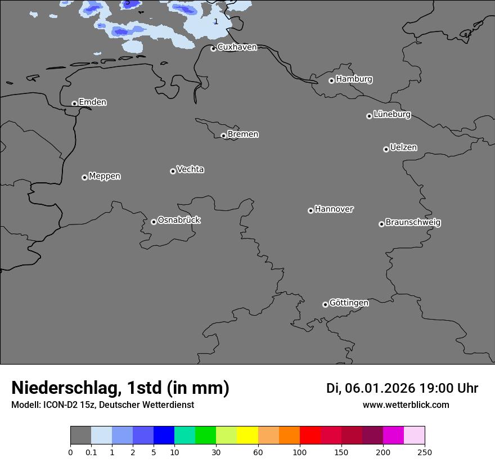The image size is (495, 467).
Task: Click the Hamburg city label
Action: (354, 79)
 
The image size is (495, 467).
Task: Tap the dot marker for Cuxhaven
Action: (213, 49)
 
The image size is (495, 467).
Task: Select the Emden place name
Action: (92, 102)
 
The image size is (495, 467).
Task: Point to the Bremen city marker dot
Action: (223, 136)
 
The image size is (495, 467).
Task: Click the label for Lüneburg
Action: (391, 115)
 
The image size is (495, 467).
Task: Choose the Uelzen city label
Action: (403, 148)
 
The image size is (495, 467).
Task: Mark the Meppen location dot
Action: (84, 177)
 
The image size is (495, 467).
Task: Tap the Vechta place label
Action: (190, 170)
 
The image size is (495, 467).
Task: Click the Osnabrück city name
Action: (179, 221)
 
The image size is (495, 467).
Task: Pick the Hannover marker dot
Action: (310, 210)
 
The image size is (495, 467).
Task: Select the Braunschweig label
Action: (413, 223)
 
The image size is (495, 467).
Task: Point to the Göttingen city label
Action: (349, 303)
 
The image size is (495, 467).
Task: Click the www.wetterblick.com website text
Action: (406, 405)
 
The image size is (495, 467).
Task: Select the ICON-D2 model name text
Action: (58, 405)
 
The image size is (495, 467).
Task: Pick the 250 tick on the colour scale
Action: (425, 452)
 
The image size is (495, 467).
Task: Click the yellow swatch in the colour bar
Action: (247, 435)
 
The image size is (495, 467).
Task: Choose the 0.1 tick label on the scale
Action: (91, 452)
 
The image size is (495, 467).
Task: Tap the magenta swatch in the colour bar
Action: (393, 435)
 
